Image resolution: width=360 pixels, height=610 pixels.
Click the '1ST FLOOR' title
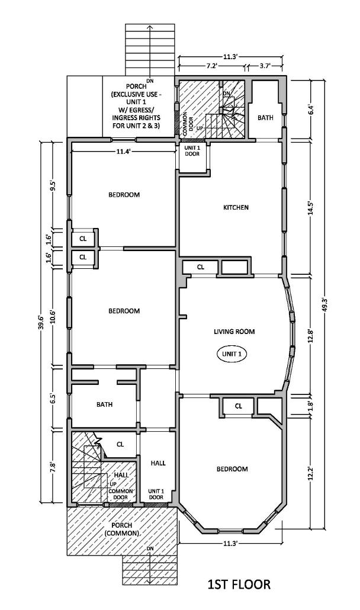(x=239, y=585)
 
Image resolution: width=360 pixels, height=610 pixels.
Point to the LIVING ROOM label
(x=234, y=332)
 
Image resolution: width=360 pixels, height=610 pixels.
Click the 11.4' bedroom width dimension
(x=123, y=152)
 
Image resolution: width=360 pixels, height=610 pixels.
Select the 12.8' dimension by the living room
(x=310, y=335)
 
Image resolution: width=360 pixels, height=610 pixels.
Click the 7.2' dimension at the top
(x=213, y=66)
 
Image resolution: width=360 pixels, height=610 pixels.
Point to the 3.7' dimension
(x=264, y=66)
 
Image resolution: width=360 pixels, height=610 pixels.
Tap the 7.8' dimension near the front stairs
(x=53, y=466)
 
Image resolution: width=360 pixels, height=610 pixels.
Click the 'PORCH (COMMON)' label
(x=121, y=529)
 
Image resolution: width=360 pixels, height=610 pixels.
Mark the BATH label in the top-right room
(x=265, y=118)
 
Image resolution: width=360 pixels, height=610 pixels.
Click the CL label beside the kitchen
(x=201, y=267)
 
